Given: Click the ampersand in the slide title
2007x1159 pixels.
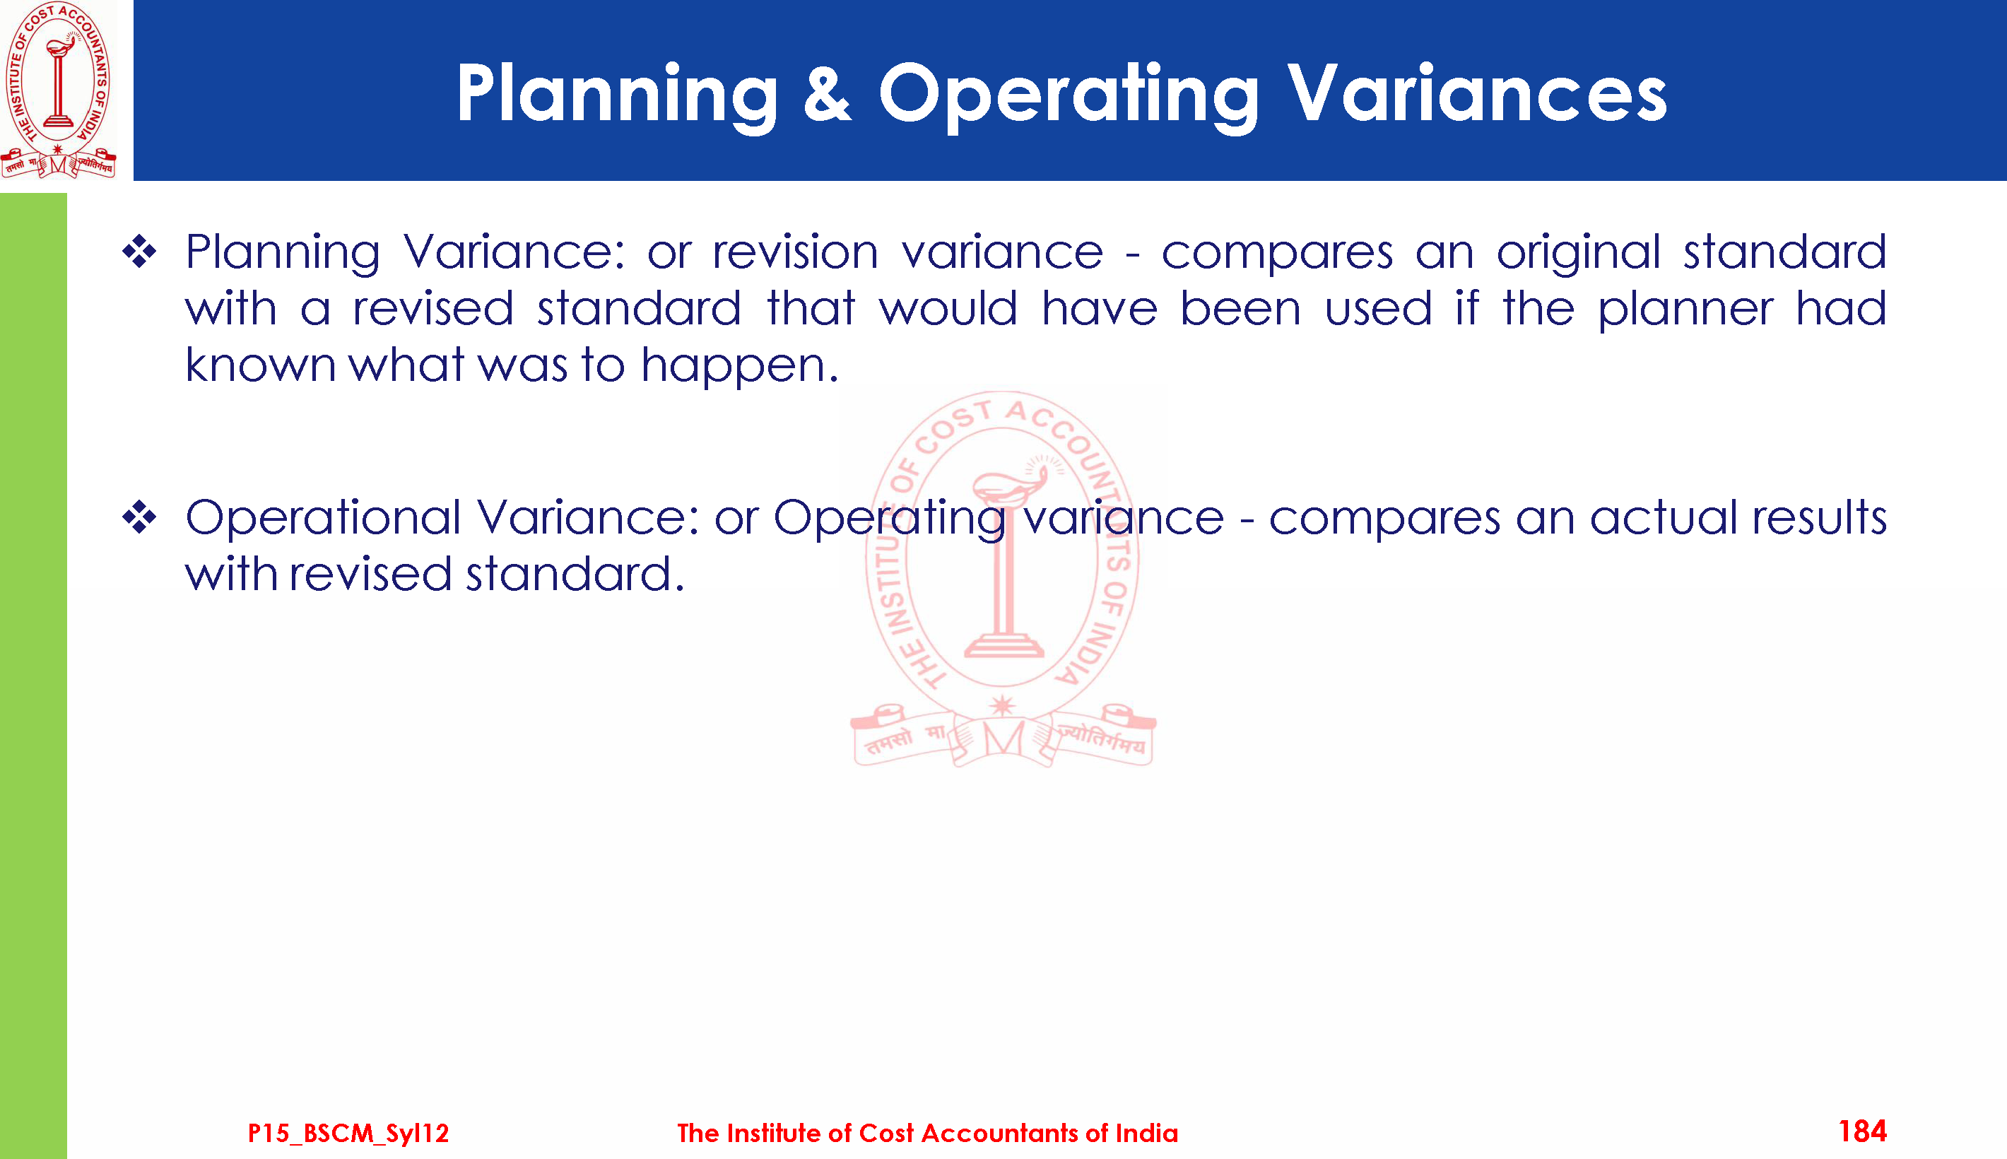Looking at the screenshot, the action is pyautogui.click(x=828, y=93).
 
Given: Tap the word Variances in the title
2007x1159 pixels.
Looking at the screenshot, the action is pyautogui.click(x=1477, y=93).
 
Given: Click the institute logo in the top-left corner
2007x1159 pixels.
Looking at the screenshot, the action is pyautogui.click(x=58, y=89).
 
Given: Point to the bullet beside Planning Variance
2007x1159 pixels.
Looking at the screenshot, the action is pyautogui.click(x=140, y=252).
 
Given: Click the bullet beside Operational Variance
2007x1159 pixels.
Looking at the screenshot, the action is pyautogui.click(x=140, y=517).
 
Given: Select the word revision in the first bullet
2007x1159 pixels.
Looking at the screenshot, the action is pyautogui.click(x=795, y=252).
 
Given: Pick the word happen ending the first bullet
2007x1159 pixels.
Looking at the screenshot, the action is pyautogui.click(x=740, y=367).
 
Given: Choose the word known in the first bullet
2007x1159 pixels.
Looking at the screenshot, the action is pyautogui.click(x=261, y=365).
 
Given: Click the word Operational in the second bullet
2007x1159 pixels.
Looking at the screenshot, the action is pyautogui.click(x=323, y=519).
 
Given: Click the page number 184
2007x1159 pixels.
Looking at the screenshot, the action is pyautogui.click(x=1862, y=1131).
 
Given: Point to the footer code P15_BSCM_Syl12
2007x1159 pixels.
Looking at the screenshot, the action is pyautogui.click(x=348, y=1133).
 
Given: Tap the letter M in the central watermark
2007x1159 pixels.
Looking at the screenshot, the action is pyautogui.click(x=1003, y=739).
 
